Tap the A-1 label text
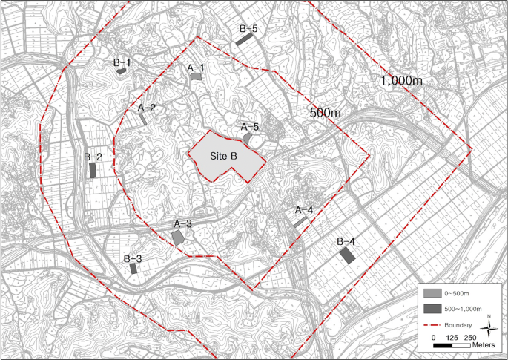coord(196,68)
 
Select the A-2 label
coord(147,108)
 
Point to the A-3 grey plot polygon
coord(178,236)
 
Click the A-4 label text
coord(304,210)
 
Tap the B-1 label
coord(122,63)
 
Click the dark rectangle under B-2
coord(93,170)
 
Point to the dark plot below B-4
coord(346,255)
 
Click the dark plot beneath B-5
coord(245,39)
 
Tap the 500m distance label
coord(324,113)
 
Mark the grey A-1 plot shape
coord(195,77)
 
